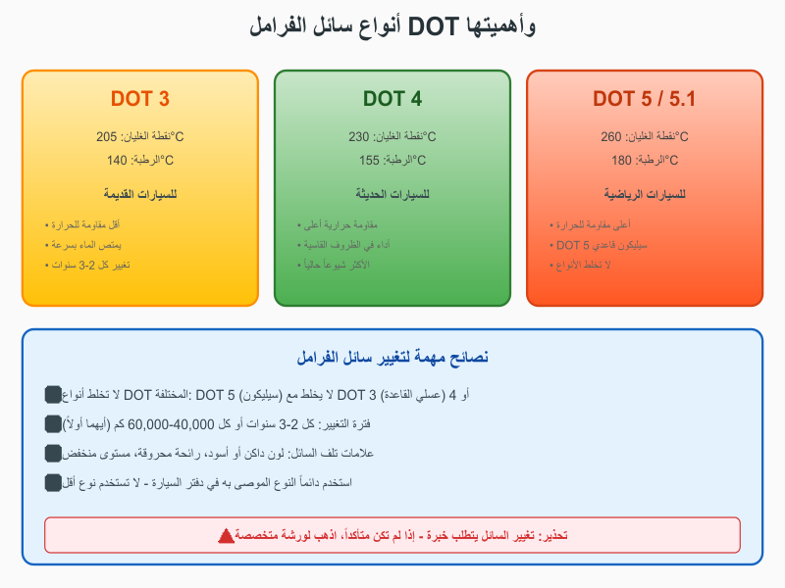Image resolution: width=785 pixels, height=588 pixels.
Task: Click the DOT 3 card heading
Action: click(x=140, y=99)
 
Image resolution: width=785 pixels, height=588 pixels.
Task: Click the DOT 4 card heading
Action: click(x=392, y=99)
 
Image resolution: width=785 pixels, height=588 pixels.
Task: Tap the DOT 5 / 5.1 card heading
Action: click(x=645, y=99)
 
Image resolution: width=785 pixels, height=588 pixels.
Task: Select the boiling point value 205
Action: click(x=106, y=137)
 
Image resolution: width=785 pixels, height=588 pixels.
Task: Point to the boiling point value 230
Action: click(x=358, y=137)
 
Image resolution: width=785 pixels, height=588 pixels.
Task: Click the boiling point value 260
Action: click(x=611, y=137)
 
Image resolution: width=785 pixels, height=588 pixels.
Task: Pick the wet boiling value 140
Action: click(x=117, y=161)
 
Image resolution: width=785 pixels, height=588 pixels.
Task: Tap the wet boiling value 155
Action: click(x=369, y=161)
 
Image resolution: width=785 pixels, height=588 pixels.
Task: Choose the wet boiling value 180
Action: click(x=622, y=161)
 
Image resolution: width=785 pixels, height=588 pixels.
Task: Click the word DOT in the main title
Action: click(x=435, y=26)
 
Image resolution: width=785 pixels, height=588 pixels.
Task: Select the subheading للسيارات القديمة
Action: click(x=140, y=194)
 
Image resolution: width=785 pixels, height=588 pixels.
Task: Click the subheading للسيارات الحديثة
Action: click(x=392, y=194)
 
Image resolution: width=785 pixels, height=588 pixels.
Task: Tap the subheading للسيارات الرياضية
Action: click(x=645, y=194)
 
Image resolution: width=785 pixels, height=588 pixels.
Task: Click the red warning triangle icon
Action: click(x=226, y=535)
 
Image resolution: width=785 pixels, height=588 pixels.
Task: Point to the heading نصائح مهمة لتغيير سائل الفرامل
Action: click(x=392, y=358)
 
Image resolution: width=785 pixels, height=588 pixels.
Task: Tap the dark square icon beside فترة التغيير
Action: click(x=53, y=424)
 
